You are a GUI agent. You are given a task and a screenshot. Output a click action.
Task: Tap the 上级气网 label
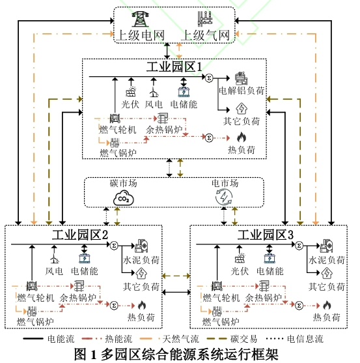(x=208, y=36)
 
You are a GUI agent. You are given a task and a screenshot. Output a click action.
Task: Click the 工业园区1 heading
(x=174, y=67)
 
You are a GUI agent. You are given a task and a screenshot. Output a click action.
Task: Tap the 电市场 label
(x=223, y=183)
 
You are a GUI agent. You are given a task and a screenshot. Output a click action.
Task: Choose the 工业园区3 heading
(x=266, y=234)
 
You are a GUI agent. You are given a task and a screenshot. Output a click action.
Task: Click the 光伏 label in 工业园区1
(x=130, y=103)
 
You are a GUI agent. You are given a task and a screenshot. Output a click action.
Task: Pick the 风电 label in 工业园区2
(x=54, y=270)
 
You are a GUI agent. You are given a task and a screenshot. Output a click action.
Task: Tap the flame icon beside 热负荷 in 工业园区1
(x=242, y=138)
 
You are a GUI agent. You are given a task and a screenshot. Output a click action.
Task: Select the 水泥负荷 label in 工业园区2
(x=141, y=260)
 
